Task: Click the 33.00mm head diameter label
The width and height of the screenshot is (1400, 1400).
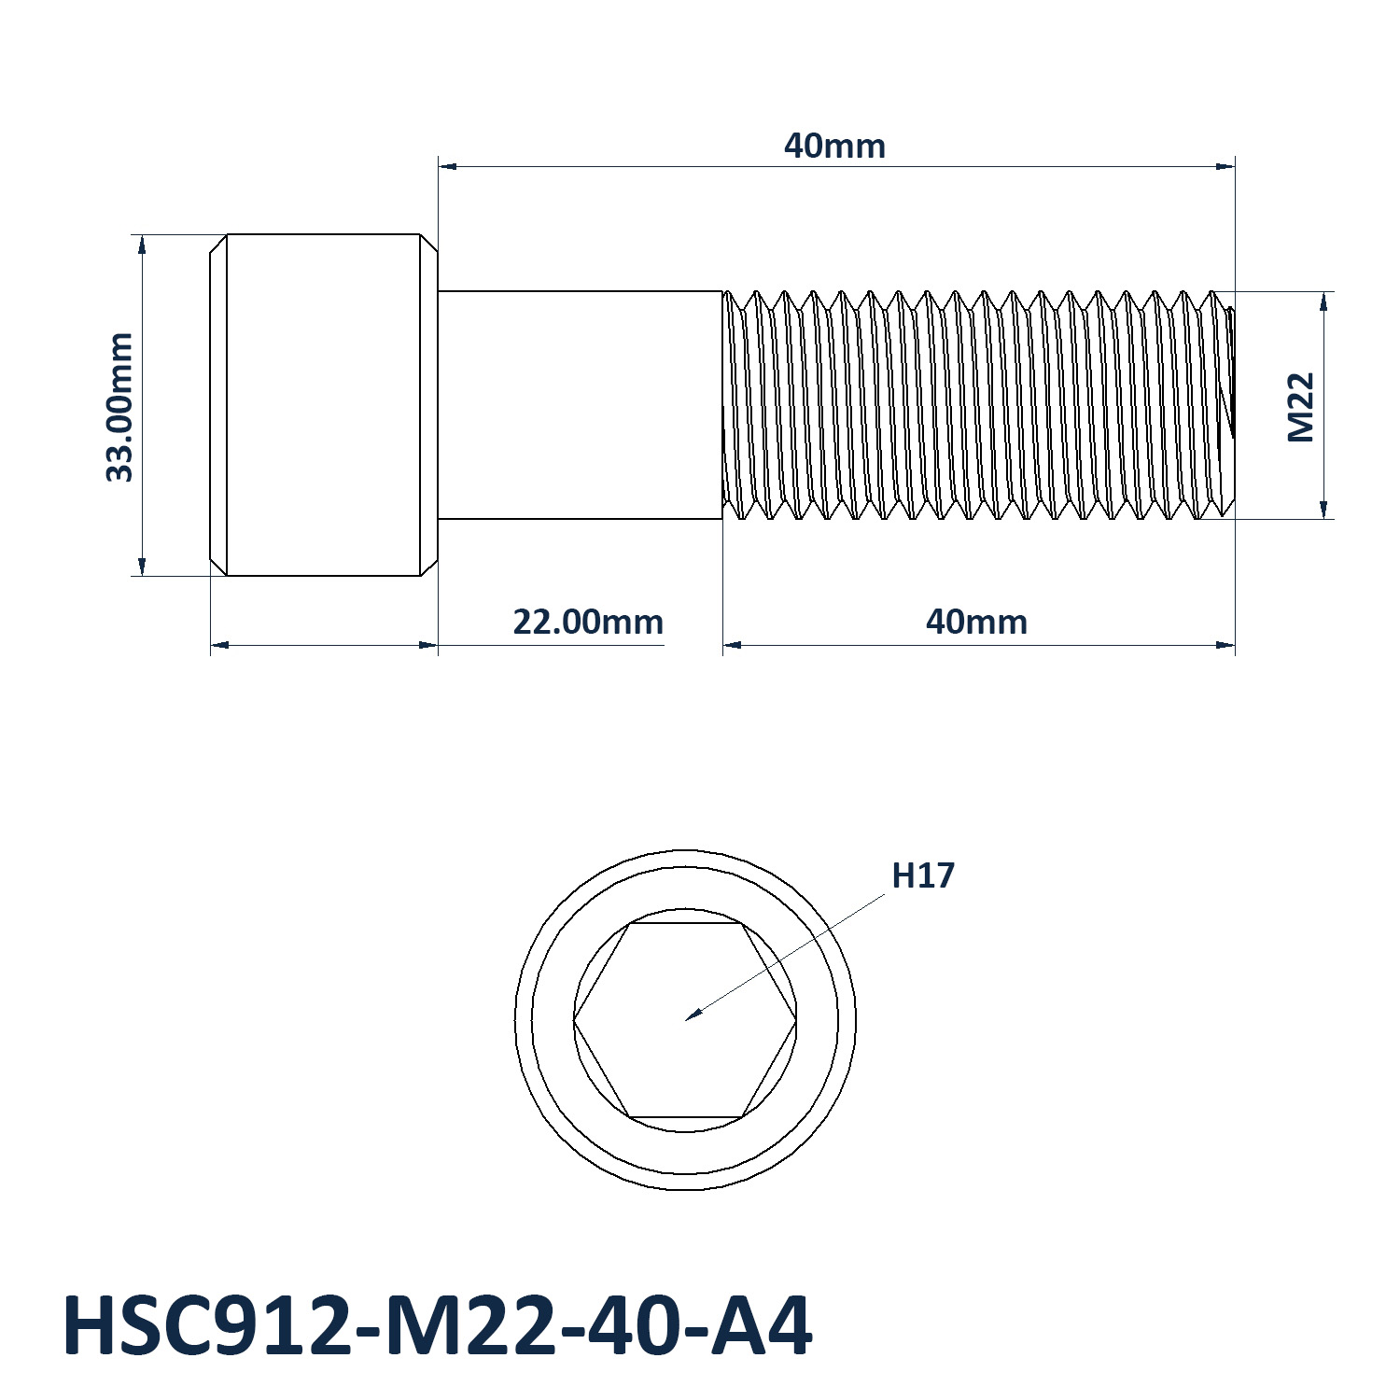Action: pos(119,407)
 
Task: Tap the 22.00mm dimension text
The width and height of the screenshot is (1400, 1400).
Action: pos(588,622)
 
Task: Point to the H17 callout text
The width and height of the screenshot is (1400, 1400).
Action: pos(923,875)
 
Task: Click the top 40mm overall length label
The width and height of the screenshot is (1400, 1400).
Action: pos(834,146)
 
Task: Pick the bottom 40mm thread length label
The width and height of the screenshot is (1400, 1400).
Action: pos(976,622)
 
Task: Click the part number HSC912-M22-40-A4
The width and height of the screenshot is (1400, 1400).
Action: pos(437,1326)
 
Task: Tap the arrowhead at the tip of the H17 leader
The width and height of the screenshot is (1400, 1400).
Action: pos(692,1015)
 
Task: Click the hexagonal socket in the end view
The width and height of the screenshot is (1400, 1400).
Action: pos(685,1020)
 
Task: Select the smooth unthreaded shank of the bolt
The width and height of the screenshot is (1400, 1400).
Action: pos(580,405)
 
